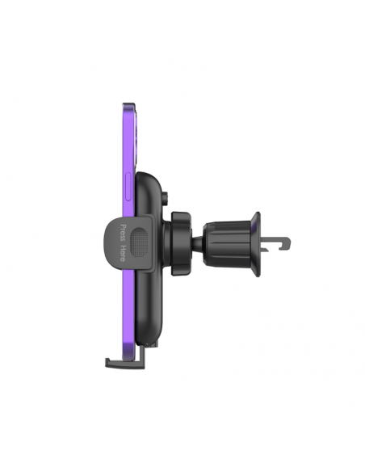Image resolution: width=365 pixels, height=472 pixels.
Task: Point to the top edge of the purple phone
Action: point(128,105)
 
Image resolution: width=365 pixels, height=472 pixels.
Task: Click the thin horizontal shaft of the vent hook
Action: point(273,238)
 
